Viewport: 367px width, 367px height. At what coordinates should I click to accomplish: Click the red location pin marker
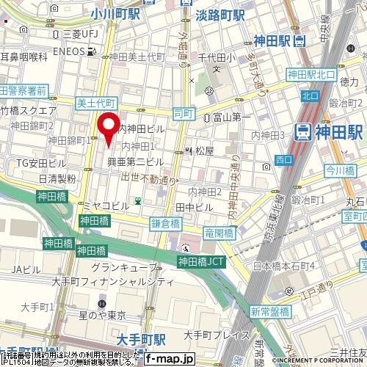tap(109, 128)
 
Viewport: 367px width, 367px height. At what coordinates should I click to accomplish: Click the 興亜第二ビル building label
tap(136, 161)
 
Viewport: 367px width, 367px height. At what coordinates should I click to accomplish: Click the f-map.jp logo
tap(168, 359)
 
